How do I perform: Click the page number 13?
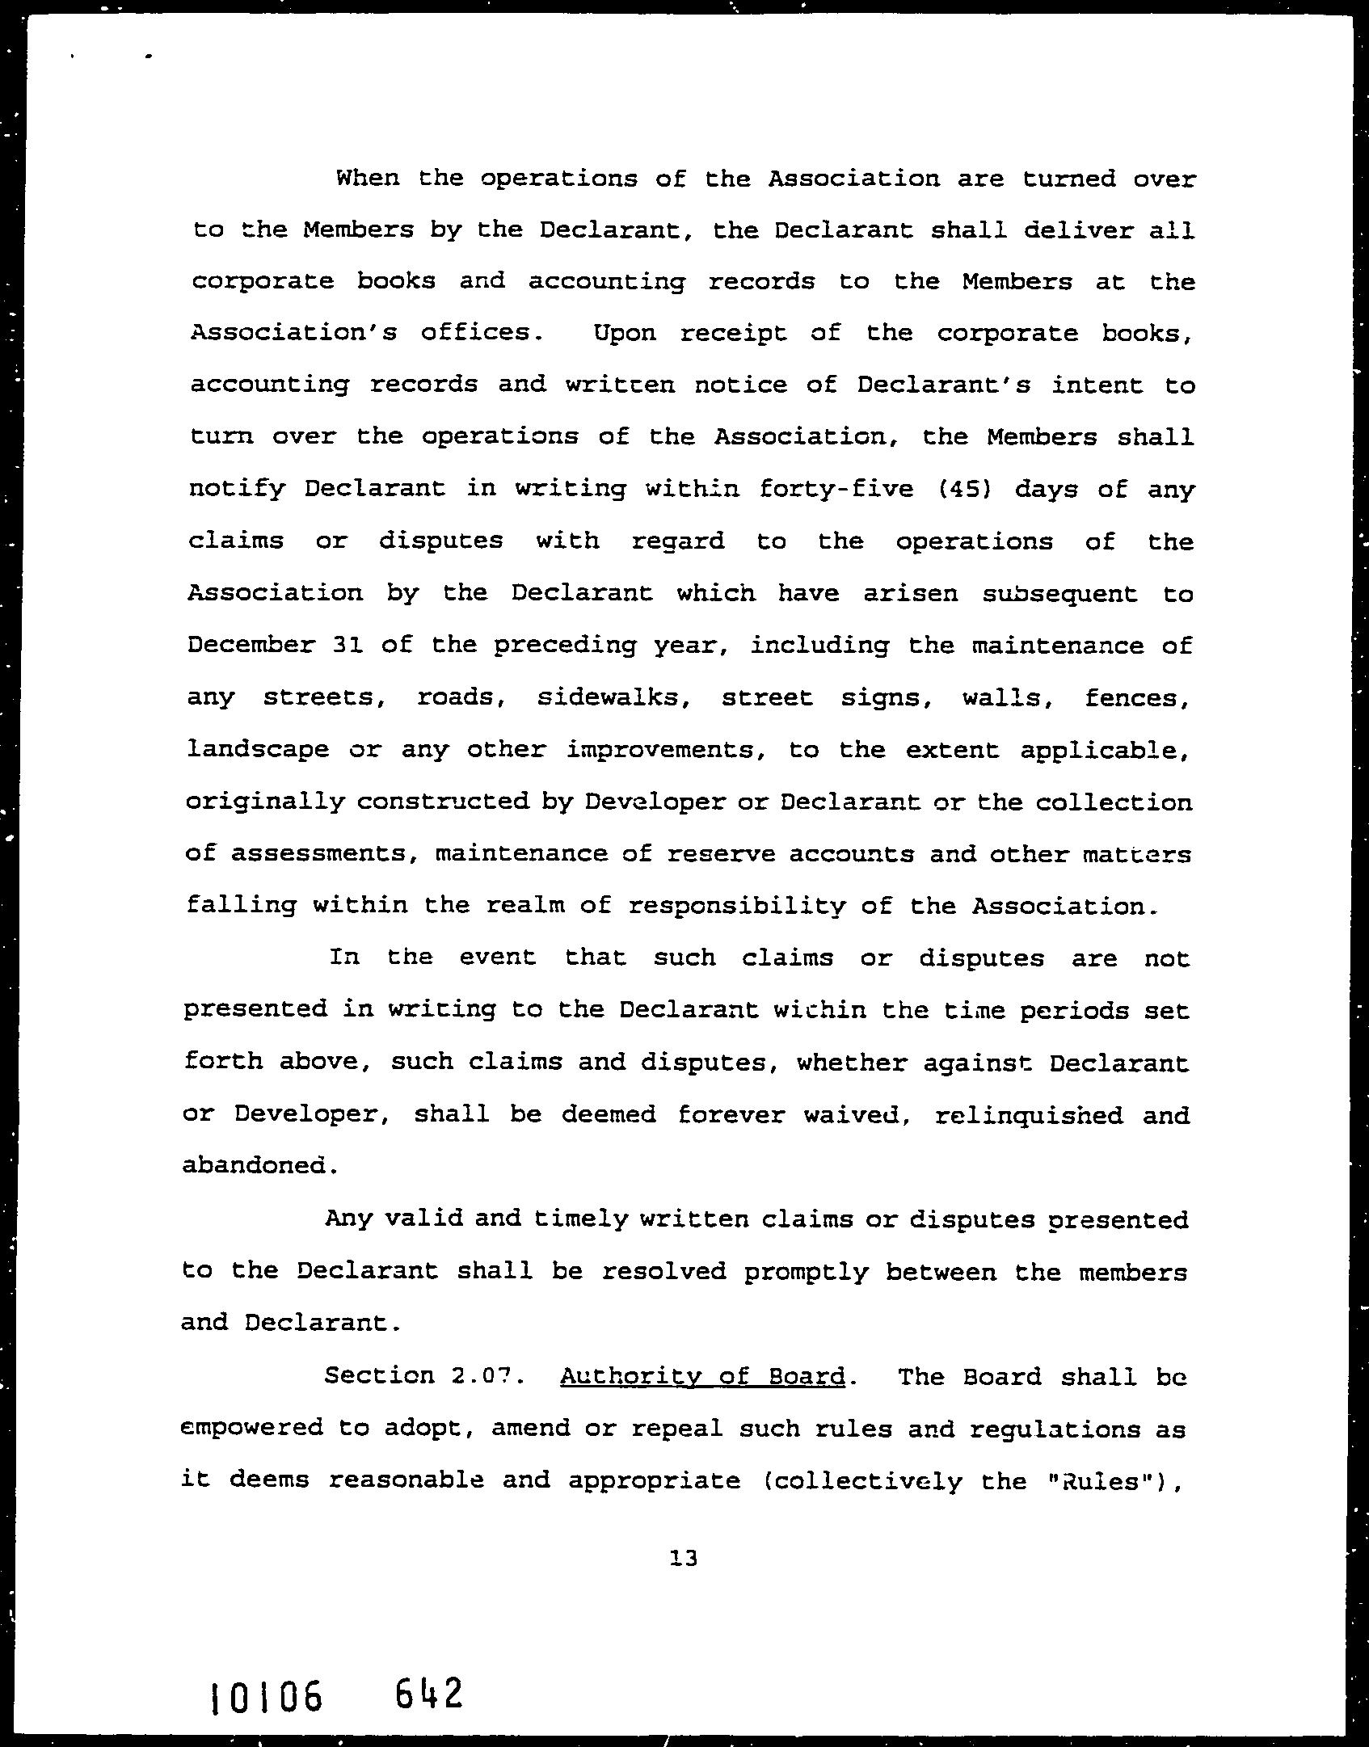(x=683, y=1557)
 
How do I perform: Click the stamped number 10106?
(x=265, y=1696)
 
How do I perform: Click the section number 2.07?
(x=480, y=1375)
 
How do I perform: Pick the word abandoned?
(x=256, y=1165)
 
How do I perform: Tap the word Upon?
(x=625, y=333)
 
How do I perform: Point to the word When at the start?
(x=368, y=178)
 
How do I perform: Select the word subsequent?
(x=1059, y=593)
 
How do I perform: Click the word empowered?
(x=251, y=1428)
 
